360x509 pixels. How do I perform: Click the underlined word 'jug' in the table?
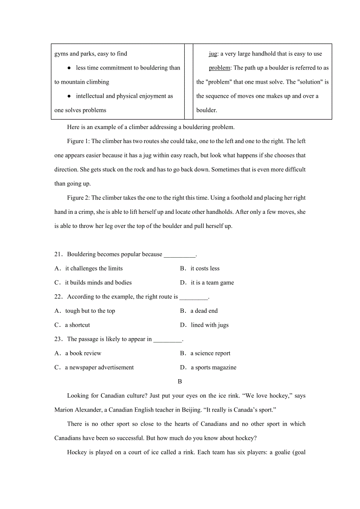point(213,54)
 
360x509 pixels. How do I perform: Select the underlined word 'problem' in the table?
point(220,68)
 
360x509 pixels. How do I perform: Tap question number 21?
point(58,254)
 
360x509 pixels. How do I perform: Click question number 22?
point(58,297)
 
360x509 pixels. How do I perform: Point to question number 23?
point(58,339)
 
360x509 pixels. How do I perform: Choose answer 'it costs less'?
point(205,269)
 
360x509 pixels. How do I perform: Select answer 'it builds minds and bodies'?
point(98,283)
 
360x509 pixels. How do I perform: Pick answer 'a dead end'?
point(204,311)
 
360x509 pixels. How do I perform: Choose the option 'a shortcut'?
point(77,325)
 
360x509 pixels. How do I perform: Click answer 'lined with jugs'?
point(210,325)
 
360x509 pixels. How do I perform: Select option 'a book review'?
point(83,353)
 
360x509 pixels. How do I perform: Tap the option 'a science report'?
point(211,353)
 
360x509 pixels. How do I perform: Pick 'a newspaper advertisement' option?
point(99,367)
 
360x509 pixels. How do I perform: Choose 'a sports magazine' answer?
point(214,367)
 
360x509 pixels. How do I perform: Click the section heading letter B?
point(180,382)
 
